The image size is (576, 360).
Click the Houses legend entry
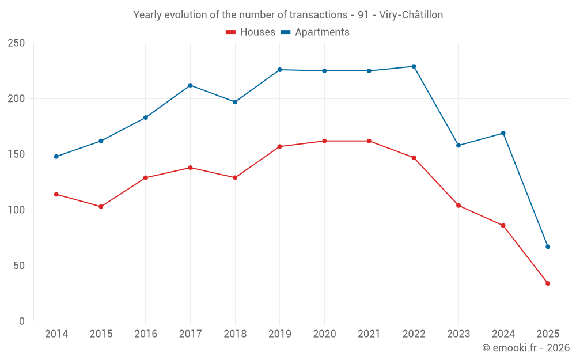coord(251,32)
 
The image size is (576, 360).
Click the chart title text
coord(288,15)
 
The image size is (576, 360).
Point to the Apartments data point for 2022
coord(414,66)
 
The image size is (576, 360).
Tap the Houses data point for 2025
coord(548,283)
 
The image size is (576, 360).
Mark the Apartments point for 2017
coord(190,85)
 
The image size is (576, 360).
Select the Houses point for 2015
coord(101,206)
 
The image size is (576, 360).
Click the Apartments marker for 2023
coord(458,145)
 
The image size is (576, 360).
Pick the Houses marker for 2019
coord(279,146)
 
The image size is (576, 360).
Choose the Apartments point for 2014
coord(56,157)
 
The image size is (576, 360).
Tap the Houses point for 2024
coord(503,225)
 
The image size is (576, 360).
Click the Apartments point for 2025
coord(548,247)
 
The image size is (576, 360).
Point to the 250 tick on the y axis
coord(17,43)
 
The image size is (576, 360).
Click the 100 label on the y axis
coord(17,210)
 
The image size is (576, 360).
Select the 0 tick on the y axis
coord(22,321)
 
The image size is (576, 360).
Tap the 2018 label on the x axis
coord(235,334)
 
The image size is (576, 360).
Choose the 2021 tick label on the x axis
coord(369,334)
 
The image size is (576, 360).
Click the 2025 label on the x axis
coord(548,334)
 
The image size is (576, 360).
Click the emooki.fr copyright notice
coord(526,348)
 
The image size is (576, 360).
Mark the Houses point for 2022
coord(414,158)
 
